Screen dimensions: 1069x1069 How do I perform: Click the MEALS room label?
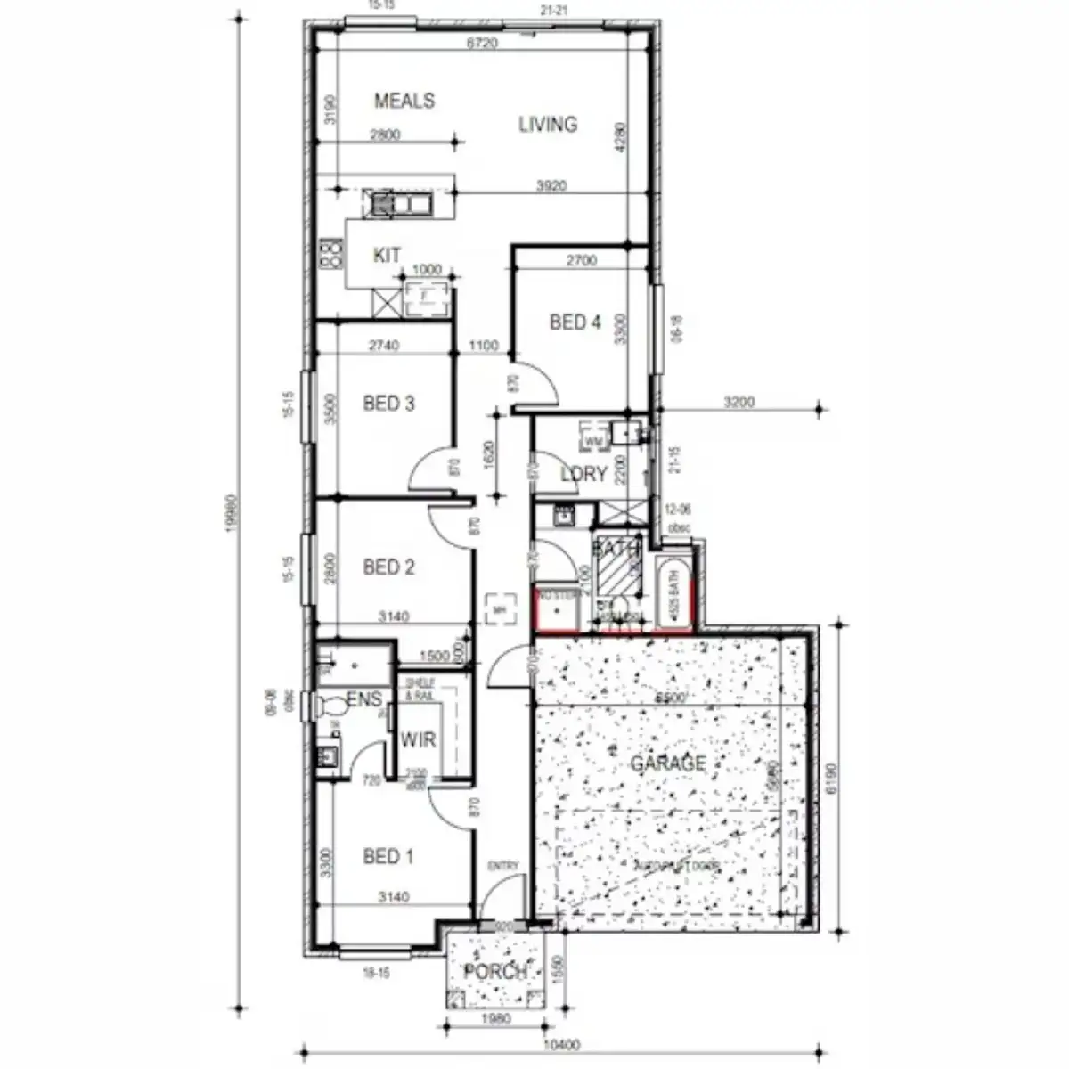404,101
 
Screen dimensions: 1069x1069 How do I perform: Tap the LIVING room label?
548,125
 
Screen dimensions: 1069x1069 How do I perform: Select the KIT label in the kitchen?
387,256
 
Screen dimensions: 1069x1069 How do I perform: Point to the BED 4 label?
575,322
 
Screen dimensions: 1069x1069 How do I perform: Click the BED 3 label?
388,404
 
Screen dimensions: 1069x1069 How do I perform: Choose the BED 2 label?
388,567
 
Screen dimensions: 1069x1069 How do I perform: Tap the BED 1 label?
388,857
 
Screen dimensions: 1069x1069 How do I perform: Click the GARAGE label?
668,763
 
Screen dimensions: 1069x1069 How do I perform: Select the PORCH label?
495,972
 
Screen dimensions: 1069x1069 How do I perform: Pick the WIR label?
417,740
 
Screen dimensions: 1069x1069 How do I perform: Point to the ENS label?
363,700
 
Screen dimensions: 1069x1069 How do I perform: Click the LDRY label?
583,474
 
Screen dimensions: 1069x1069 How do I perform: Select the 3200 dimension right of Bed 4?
739,403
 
